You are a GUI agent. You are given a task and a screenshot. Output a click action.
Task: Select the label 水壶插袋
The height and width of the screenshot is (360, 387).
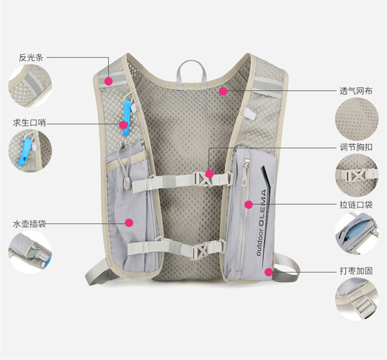pyautogui.click(x=30, y=224)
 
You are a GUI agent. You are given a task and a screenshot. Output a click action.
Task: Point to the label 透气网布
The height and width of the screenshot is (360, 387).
pyautogui.click(x=356, y=90)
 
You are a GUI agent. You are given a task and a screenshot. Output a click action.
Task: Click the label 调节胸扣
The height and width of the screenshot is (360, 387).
pyautogui.click(x=356, y=147)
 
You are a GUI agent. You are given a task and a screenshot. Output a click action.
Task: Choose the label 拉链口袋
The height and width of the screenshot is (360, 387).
pyautogui.click(x=356, y=205)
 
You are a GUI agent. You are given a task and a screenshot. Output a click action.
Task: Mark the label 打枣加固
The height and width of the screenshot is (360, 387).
pyautogui.click(x=356, y=270)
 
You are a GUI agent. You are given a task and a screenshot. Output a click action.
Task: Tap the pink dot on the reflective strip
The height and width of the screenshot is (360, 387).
pyautogui.click(x=108, y=81)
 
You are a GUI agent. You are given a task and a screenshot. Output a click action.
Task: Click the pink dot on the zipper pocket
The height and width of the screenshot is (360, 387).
pyautogui.click(x=249, y=205)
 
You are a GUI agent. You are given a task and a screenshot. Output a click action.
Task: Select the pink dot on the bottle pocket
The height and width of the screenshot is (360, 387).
pyautogui.click(x=129, y=223)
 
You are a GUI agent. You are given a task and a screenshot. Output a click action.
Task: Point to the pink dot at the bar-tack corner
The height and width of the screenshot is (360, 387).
pyautogui.click(x=268, y=271)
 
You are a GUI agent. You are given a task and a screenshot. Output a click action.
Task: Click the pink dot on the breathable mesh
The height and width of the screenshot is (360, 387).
pyautogui.click(x=223, y=91)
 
